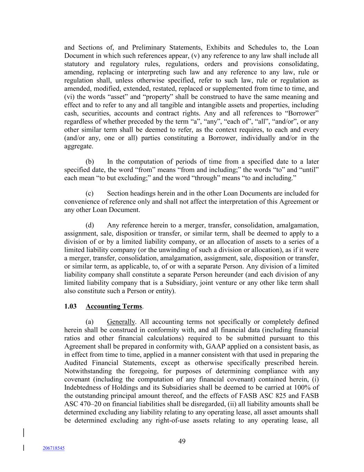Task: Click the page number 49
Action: (x=182, y=441)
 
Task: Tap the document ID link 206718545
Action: (x=53, y=448)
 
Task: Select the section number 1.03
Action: (x=70, y=306)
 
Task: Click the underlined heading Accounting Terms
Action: (x=114, y=306)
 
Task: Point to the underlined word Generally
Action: (x=121, y=322)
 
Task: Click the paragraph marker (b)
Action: (x=90, y=161)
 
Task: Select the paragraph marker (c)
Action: (x=90, y=193)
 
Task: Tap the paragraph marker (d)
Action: (x=90, y=225)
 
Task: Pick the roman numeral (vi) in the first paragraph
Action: (x=69, y=97)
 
